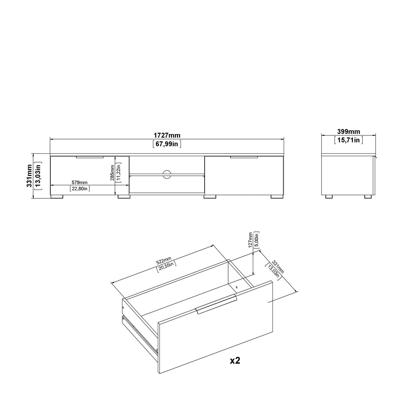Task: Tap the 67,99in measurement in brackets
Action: click(x=167, y=144)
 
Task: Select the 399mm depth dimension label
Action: click(x=348, y=131)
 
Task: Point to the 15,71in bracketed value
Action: click(x=348, y=140)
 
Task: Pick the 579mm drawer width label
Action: click(x=80, y=183)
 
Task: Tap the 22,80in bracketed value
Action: click(x=80, y=189)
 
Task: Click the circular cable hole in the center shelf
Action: click(x=167, y=174)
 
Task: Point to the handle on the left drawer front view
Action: click(x=90, y=157)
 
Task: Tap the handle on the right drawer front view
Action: click(x=244, y=157)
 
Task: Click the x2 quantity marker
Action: click(x=235, y=361)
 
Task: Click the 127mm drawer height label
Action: click(x=250, y=240)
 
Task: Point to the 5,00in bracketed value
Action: click(x=256, y=240)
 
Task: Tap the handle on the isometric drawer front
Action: click(x=216, y=305)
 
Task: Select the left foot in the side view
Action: click(x=329, y=197)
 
